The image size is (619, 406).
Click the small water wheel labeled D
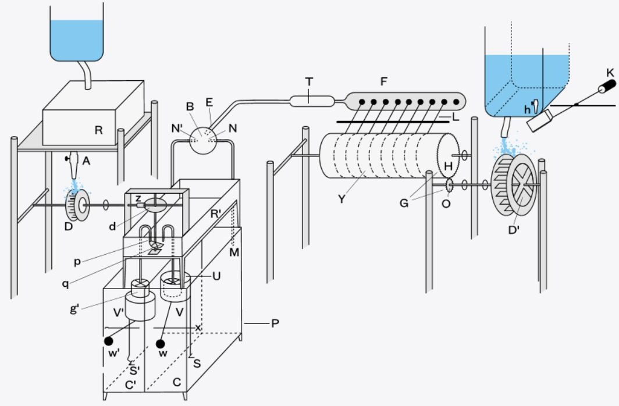click(x=78, y=205)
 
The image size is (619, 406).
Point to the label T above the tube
click(x=309, y=81)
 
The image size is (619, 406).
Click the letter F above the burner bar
click(x=383, y=81)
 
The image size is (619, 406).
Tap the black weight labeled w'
click(x=109, y=341)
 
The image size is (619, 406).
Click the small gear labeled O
click(x=449, y=184)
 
